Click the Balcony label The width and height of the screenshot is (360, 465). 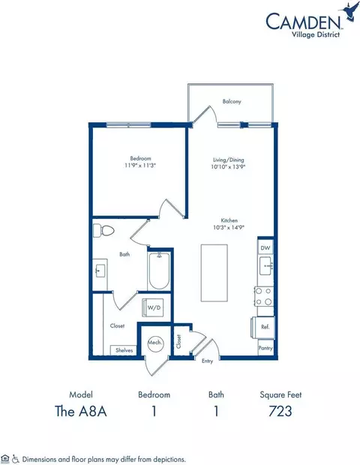pos(232,103)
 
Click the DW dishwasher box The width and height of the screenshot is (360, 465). pos(264,247)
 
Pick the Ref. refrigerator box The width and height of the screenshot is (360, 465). pos(265,327)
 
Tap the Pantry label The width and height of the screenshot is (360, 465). pos(265,348)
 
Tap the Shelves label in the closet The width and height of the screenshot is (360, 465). pos(124,349)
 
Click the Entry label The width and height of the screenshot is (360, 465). pos(207,361)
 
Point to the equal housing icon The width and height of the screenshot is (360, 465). pos(6,457)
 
